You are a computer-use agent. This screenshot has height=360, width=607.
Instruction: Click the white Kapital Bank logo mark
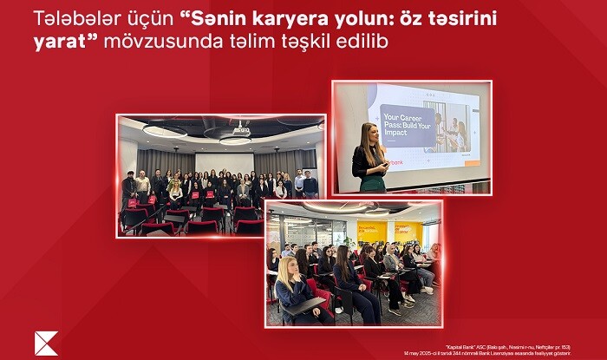[x=46, y=343]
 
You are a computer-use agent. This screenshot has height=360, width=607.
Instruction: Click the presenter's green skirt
[x=373, y=184]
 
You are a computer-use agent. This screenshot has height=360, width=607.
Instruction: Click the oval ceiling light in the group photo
[x=165, y=129]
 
